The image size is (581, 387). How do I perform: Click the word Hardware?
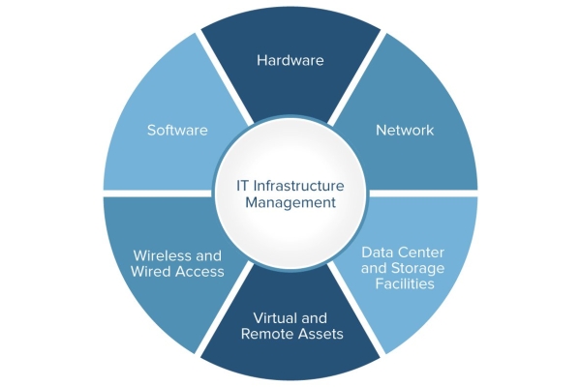290,60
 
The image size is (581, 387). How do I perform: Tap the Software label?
177,130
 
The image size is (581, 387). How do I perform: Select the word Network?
405,130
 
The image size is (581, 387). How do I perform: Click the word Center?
420,253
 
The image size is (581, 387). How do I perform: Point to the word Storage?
418,268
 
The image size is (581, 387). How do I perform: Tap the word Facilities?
405,283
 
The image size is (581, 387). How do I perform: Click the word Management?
290,202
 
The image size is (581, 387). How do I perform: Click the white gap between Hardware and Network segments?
356,77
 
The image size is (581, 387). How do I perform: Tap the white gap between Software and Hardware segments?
225,77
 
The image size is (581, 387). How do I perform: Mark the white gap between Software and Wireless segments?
157,193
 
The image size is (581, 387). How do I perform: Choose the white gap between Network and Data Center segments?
423,193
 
